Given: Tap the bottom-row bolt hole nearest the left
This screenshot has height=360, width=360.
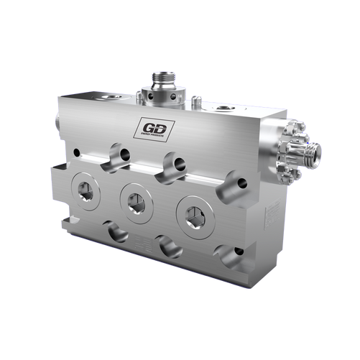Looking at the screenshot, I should tap(114, 232).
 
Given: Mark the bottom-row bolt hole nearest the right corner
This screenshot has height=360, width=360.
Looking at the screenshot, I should tap(232, 256).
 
